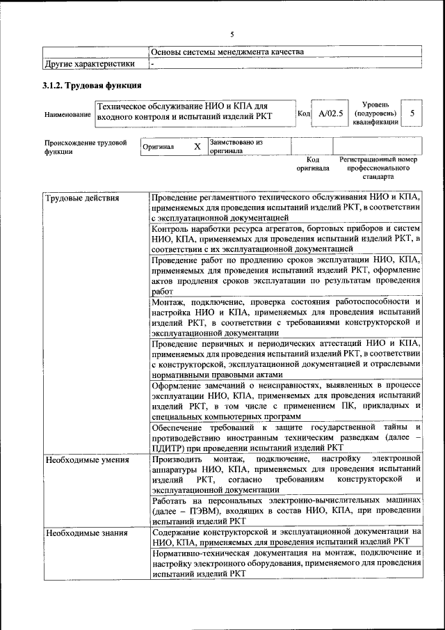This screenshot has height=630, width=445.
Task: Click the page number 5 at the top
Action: [232, 34]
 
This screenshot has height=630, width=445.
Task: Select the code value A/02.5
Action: [330, 113]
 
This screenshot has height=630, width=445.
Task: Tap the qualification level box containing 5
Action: [412, 113]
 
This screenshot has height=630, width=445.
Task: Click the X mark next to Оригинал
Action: [197, 147]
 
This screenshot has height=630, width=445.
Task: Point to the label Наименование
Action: [67, 114]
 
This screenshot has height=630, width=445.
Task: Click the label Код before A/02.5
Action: [303, 113]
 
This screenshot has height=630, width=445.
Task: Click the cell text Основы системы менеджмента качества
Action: [227, 52]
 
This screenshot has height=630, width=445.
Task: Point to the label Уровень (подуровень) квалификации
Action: [375, 113]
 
